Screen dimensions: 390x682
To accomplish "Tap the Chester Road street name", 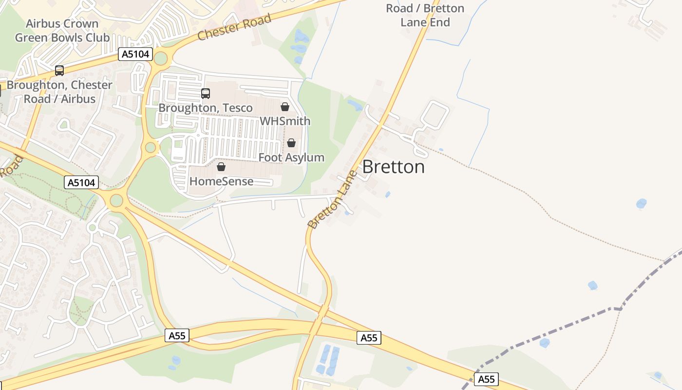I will [x=234, y=28].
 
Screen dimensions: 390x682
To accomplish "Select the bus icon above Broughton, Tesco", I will [x=206, y=94].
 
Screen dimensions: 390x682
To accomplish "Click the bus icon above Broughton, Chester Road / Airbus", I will [x=59, y=71].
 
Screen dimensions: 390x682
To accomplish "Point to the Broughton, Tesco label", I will [x=206, y=108].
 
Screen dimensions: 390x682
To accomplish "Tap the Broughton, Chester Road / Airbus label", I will [x=59, y=92].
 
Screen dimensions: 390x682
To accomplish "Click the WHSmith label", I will [x=285, y=121].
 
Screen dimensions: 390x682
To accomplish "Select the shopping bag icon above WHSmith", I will [x=285, y=107].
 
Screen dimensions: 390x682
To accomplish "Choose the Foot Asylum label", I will [x=291, y=157].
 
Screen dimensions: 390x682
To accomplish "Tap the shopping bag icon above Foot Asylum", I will [x=291, y=143].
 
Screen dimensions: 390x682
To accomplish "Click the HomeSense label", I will [x=221, y=181].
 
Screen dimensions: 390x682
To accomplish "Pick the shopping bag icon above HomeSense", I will [x=221, y=167].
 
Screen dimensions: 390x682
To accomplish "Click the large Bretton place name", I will [x=394, y=167].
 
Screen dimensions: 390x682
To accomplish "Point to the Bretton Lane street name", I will [x=333, y=200].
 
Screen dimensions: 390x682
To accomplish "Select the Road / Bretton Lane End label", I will [x=425, y=15].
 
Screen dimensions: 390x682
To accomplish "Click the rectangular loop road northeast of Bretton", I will [x=435, y=114].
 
